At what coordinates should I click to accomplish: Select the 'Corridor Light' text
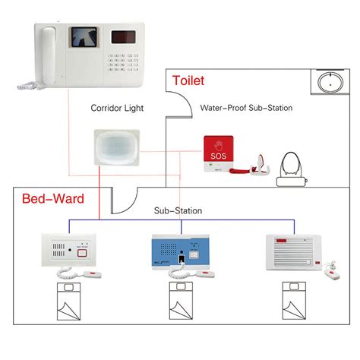coord(117,108)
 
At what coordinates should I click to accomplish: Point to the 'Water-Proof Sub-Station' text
coord(246,108)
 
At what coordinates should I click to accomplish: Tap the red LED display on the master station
coord(125,36)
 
